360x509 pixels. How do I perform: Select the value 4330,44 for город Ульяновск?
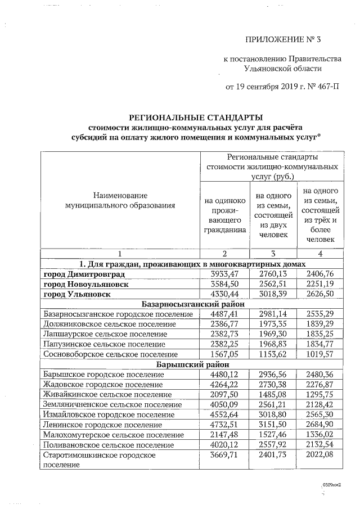[225, 294]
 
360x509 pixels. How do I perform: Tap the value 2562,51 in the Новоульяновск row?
[272, 284]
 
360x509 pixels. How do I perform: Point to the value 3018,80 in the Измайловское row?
[272, 415]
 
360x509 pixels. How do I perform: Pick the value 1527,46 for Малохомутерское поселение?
[272, 435]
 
